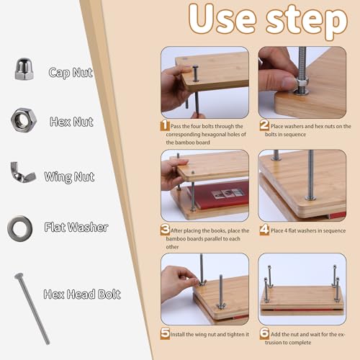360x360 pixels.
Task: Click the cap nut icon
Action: [x=24, y=68]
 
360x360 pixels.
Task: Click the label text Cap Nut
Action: [x=71, y=73]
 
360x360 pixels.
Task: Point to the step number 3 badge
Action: [x=165, y=230]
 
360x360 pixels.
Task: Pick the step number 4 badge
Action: [x=264, y=230]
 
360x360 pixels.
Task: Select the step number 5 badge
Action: [x=165, y=333]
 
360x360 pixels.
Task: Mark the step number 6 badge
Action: [x=264, y=333]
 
